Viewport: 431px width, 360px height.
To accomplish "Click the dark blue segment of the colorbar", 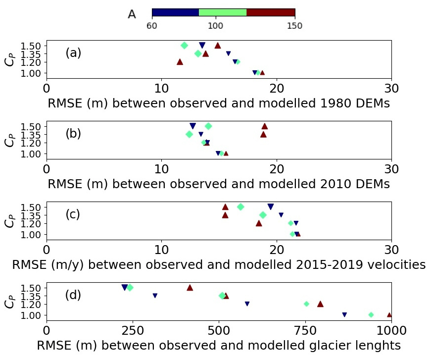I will click(175, 13).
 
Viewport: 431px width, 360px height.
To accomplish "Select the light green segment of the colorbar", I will click(223, 13).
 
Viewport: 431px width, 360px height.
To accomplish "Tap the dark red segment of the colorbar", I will click(271, 13).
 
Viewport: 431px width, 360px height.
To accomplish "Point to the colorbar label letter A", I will click(132, 14).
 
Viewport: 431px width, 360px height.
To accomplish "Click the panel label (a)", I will click(73, 53).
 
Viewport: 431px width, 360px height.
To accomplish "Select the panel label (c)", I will click(73, 214).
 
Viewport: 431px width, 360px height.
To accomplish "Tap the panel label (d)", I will click(73, 295).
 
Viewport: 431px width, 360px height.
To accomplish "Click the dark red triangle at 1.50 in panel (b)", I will click(265, 126).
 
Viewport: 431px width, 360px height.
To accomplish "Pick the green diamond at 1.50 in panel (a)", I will click(185, 45).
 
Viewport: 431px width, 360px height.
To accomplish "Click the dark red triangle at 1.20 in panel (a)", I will click(180, 62).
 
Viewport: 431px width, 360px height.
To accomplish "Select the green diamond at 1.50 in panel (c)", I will click(240, 206).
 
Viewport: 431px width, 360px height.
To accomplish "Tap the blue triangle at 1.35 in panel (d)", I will click(155, 296).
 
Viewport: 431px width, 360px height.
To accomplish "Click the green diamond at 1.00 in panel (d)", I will click(371, 315).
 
